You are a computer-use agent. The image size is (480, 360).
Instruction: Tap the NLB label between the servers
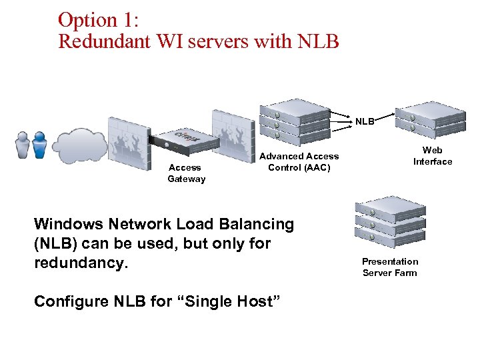click(365, 122)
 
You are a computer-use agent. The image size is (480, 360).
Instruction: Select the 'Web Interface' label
click(432, 156)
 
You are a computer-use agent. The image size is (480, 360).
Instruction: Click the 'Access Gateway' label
click(186, 173)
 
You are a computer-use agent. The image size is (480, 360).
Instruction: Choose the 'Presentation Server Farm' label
click(390, 267)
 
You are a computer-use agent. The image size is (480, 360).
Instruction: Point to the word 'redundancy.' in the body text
click(81, 263)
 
